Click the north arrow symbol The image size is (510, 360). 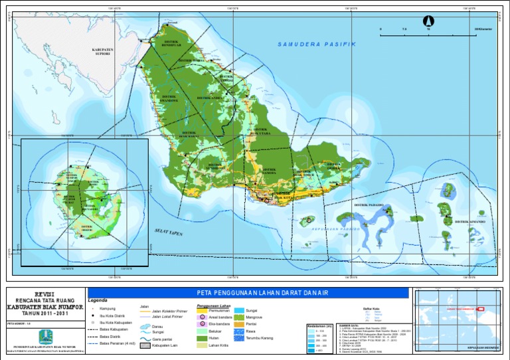[428, 21]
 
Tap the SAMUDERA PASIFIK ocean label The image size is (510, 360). [317, 45]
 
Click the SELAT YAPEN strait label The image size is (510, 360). [169, 234]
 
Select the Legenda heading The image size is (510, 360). [98, 301]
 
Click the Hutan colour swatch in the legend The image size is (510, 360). [203, 338]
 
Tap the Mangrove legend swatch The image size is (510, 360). [239, 318]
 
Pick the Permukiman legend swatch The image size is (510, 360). [203, 310]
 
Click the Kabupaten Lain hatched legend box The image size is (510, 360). [145, 345]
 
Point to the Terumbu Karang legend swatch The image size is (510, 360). [239, 338]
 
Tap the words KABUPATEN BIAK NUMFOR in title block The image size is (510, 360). [43, 308]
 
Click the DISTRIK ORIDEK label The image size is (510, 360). [333, 166]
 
